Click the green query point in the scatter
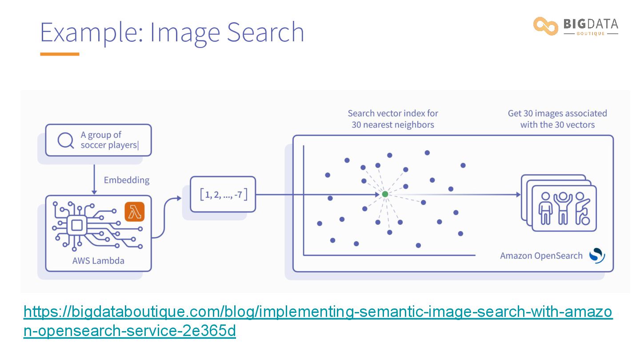click(385, 194)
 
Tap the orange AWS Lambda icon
click(135, 212)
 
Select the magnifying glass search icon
click(66, 140)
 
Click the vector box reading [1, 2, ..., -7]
click(223, 194)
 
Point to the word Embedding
click(127, 180)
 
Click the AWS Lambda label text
click(98, 260)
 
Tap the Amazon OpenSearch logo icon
click(597, 255)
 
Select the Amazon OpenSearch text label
click(541, 256)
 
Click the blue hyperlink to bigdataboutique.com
click(318, 321)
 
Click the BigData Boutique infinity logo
click(546, 26)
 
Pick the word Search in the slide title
click(266, 32)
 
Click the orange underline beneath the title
click(60, 54)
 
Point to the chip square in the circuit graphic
click(77, 225)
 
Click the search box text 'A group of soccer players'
click(110, 140)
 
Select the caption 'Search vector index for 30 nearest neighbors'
click(393, 119)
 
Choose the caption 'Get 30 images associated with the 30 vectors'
click(557, 119)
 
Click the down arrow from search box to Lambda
click(94, 180)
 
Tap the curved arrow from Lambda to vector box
click(165, 217)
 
